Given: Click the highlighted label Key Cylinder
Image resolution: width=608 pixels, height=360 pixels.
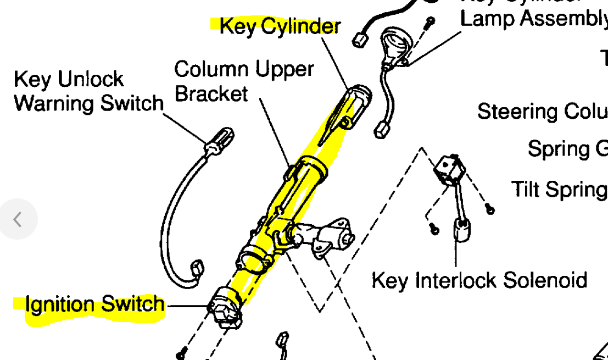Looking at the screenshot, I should tap(280, 26).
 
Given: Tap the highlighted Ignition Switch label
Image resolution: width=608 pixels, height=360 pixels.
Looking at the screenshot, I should tap(94, 304).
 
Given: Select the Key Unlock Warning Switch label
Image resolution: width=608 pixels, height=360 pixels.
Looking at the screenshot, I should tap(88, 91).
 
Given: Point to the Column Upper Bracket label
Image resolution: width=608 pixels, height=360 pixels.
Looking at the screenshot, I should tap(244, 81).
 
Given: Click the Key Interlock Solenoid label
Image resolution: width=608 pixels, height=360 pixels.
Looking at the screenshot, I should tap(479, 280).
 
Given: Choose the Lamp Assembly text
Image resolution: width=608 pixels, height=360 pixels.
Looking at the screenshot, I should tap(533, 18).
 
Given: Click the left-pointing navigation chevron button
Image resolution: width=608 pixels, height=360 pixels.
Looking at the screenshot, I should tap(18, 219).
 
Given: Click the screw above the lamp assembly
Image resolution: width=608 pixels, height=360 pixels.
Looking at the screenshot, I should tap(431, 21).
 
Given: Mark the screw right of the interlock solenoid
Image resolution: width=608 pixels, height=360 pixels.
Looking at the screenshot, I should tap(489, 209).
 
